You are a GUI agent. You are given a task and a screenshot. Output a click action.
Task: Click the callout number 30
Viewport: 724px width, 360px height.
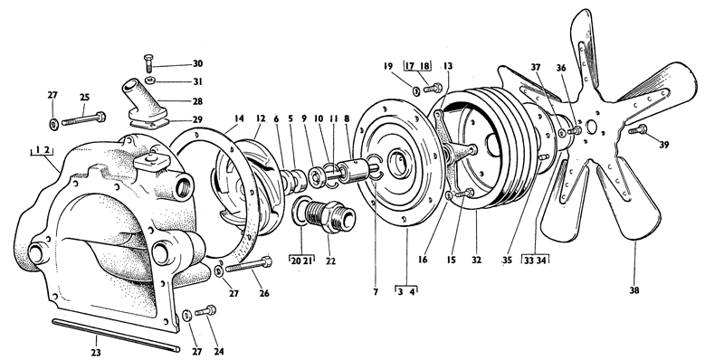[x=197, y=63]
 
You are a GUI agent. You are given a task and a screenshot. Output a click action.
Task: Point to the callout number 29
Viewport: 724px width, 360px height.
[x=197, y=119]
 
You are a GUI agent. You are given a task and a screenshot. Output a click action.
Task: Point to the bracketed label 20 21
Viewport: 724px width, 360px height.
[x=301, y=260]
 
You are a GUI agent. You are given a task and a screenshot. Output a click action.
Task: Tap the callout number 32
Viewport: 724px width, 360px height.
[x=475, y=257]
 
